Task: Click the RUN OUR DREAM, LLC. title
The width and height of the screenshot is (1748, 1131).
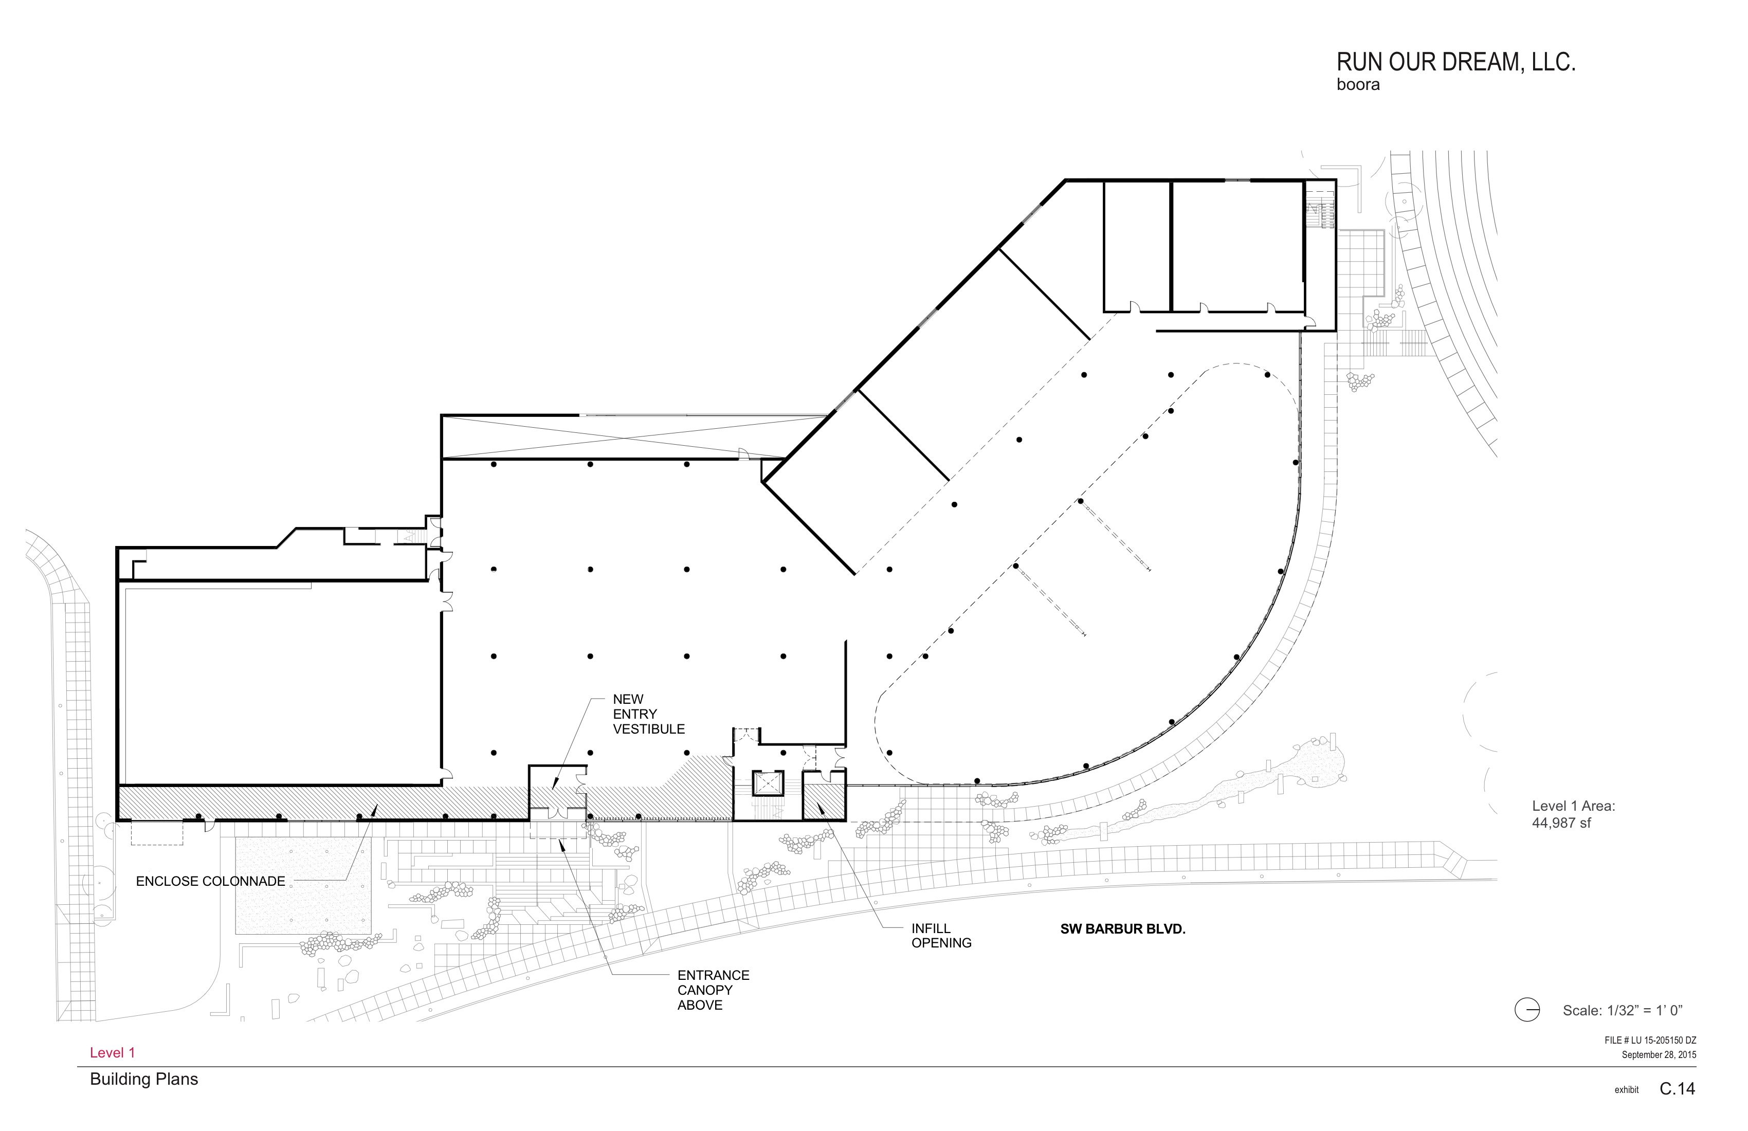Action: [1455, 62]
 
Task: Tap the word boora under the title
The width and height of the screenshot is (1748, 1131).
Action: [1358, 85]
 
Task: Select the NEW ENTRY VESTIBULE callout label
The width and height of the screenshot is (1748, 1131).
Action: [648, 714]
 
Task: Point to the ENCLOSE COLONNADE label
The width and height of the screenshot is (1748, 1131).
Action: [211, 881]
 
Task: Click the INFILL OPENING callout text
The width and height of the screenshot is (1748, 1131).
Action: [941, 936]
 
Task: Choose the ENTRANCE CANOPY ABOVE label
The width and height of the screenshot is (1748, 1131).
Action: [713, 990]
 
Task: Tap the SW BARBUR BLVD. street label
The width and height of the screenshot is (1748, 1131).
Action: [1123, 929]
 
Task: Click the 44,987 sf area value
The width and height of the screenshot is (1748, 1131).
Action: [1561, 823]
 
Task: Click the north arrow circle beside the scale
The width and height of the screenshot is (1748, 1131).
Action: [1527, 1011]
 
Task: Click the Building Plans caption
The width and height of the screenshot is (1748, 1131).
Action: [144, 1080]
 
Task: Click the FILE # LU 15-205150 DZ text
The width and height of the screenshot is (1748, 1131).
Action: [1650, 1041]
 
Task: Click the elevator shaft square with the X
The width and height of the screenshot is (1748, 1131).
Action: [768, 783]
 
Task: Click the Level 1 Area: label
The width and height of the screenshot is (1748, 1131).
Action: [1573, 807]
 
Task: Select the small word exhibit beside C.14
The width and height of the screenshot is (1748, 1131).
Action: [1626, 1090]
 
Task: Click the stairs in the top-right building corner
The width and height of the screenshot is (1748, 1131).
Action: [1320, 209]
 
